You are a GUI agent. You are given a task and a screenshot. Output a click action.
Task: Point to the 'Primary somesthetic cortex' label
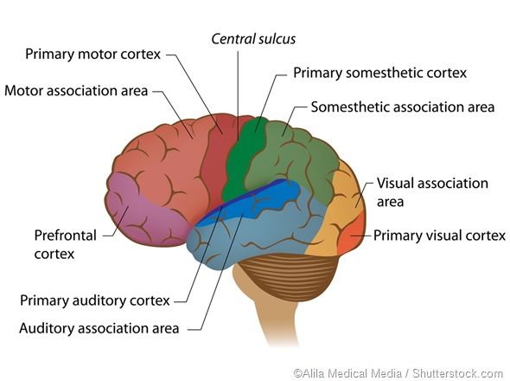point(379,73)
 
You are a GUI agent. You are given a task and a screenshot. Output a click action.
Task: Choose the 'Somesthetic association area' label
point(402,107)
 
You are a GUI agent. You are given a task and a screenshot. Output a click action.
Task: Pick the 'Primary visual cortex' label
point(439,234)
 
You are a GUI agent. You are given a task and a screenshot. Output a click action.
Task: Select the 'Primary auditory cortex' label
point(94,300)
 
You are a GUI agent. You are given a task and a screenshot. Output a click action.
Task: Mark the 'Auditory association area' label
point(99,328)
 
